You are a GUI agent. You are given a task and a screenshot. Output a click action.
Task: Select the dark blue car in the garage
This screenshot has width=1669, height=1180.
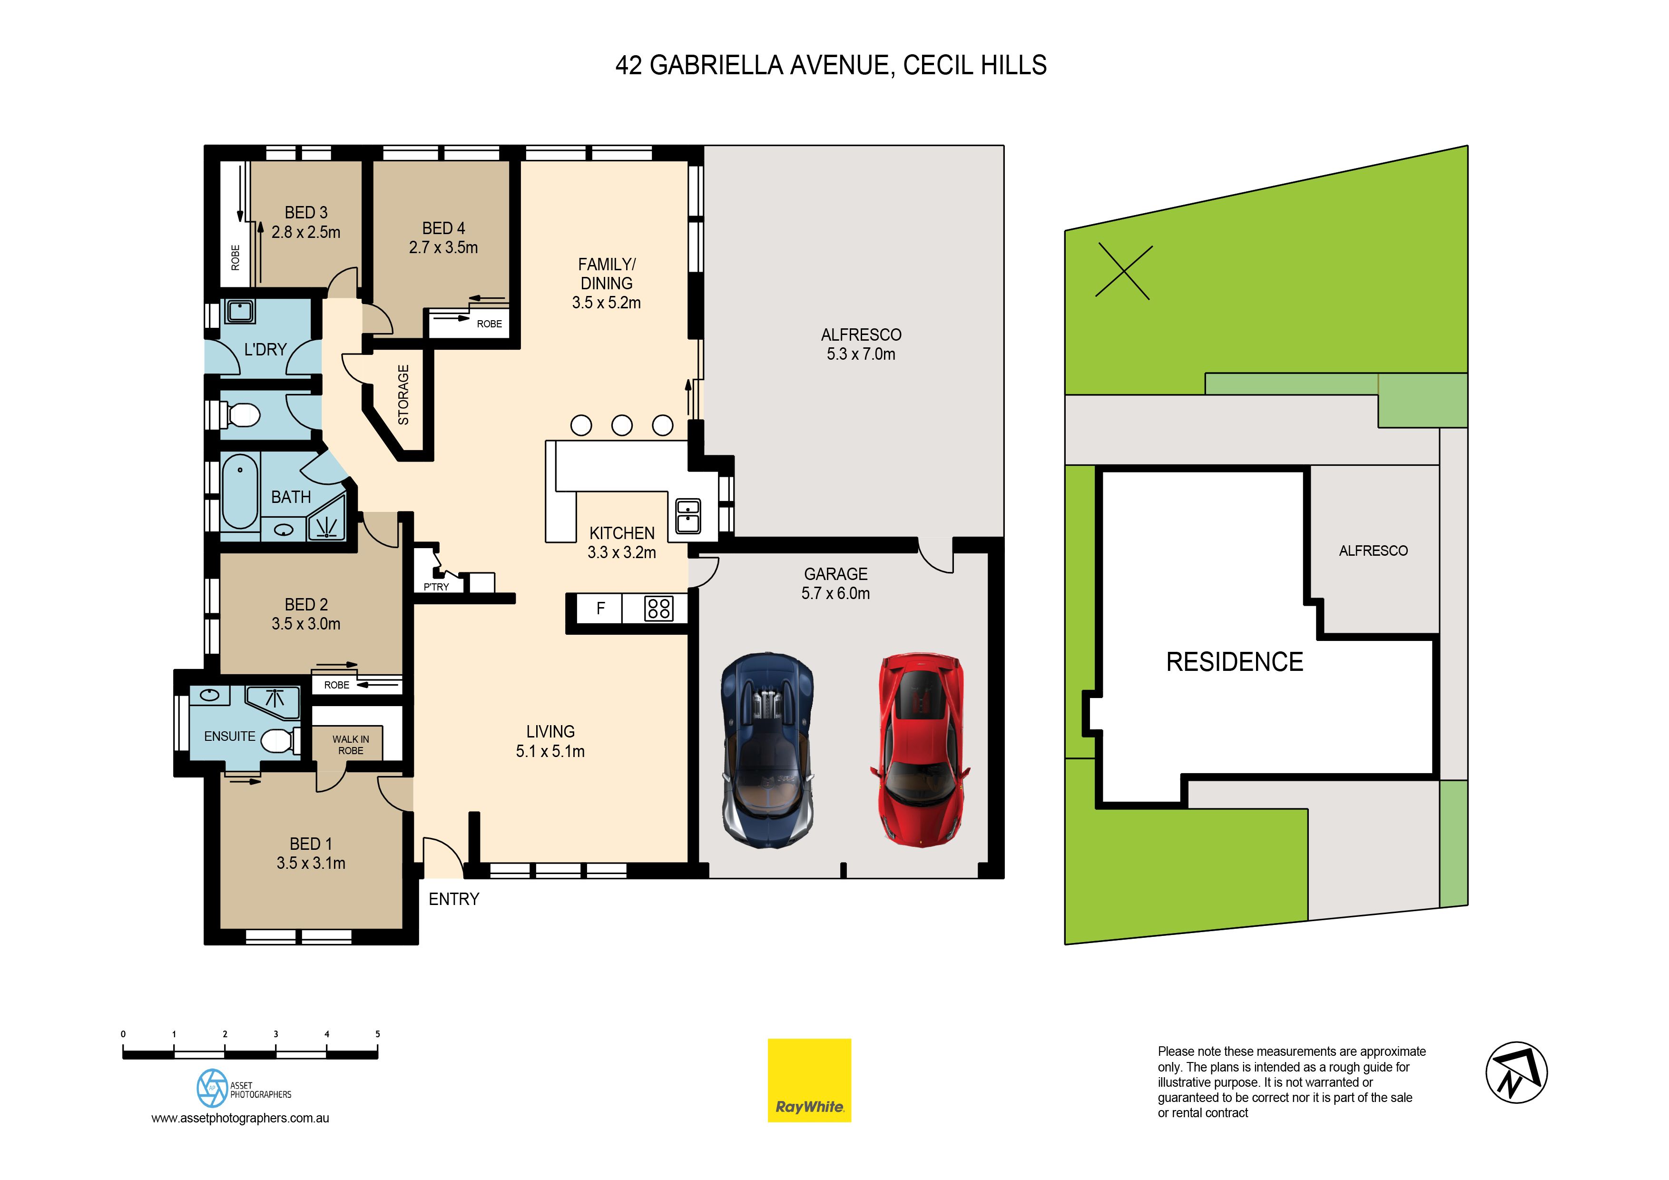pyautogui.click(x=767, y=749)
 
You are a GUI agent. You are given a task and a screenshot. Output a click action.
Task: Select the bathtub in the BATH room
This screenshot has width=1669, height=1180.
pyautogui.click(x=240, y=492)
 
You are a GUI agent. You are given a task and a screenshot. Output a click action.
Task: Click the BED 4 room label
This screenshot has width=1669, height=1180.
pyautogui.click(x=443, y=228)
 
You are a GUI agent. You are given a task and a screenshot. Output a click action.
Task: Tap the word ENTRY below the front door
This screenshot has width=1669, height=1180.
pyautogui.click(x=453, y=899)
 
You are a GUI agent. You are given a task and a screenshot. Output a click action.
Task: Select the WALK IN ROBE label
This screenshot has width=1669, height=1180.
pyautogui.click(x=350, y=745)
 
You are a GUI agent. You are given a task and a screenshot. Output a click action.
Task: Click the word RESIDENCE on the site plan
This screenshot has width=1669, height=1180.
pyautogui.click(x=1234, y=662)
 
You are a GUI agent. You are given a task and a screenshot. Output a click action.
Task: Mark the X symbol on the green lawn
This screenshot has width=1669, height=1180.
pyautogui.click(x=1124, y=271)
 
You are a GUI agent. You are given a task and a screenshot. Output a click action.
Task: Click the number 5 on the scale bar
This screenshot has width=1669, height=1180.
pyautogui.click(x=377, y=1034)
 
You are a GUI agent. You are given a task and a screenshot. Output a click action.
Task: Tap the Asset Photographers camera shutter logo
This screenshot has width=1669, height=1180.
pyautogui.click(x=212, y=1088)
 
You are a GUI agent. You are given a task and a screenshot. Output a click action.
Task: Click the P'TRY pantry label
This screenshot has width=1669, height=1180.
pyautogui.click(x=436, y=587)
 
